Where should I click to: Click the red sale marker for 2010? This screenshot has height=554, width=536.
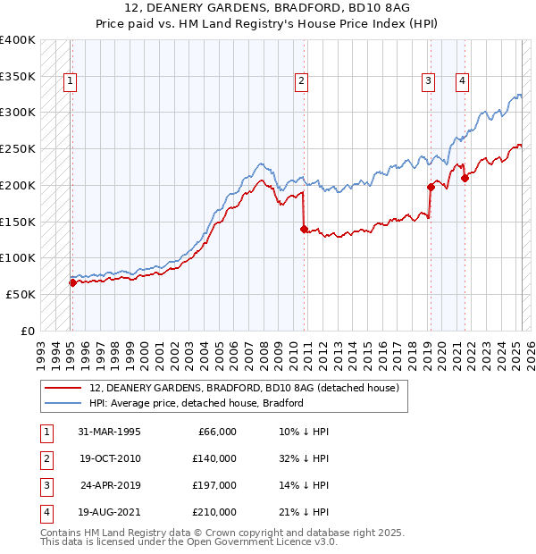[304, 229]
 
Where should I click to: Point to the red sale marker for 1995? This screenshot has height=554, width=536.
[72, 282]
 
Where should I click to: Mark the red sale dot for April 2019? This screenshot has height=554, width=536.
[431, 187]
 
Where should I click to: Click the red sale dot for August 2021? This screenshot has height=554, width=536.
[465, 178]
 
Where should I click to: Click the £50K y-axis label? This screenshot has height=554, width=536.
[21, 294]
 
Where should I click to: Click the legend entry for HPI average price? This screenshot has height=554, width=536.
[197, 403]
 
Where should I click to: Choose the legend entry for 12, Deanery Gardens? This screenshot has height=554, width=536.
[248, 388]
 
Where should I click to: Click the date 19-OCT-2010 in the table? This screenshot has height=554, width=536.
[109, 458]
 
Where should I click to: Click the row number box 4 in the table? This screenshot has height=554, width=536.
[46, 512]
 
